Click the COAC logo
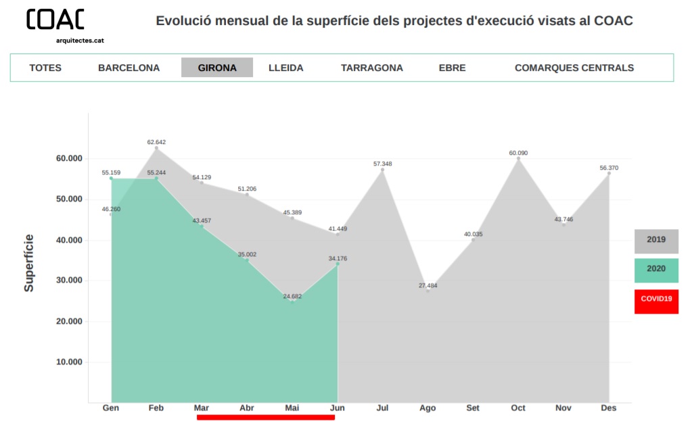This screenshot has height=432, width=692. point(55,20)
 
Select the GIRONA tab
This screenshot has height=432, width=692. point(217,68)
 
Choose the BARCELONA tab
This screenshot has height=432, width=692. point(129,68)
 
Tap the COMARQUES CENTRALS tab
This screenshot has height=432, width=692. point(574,68)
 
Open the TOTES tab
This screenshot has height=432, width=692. point(45,68)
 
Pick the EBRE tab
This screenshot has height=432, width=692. point(452,68)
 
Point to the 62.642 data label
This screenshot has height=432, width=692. point(156,142)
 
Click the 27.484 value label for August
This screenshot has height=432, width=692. point(428,285)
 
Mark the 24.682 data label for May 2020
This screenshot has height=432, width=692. point(292,296)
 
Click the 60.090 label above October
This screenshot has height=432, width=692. point(518,153)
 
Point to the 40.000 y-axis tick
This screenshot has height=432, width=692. point(68,240)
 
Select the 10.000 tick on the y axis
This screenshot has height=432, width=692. point(68,362)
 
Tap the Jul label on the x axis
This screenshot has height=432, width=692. point(382,408)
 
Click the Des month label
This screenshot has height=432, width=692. point(608,408)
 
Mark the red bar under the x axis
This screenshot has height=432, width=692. point(265,417)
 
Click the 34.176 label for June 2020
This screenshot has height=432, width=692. point(338,258)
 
